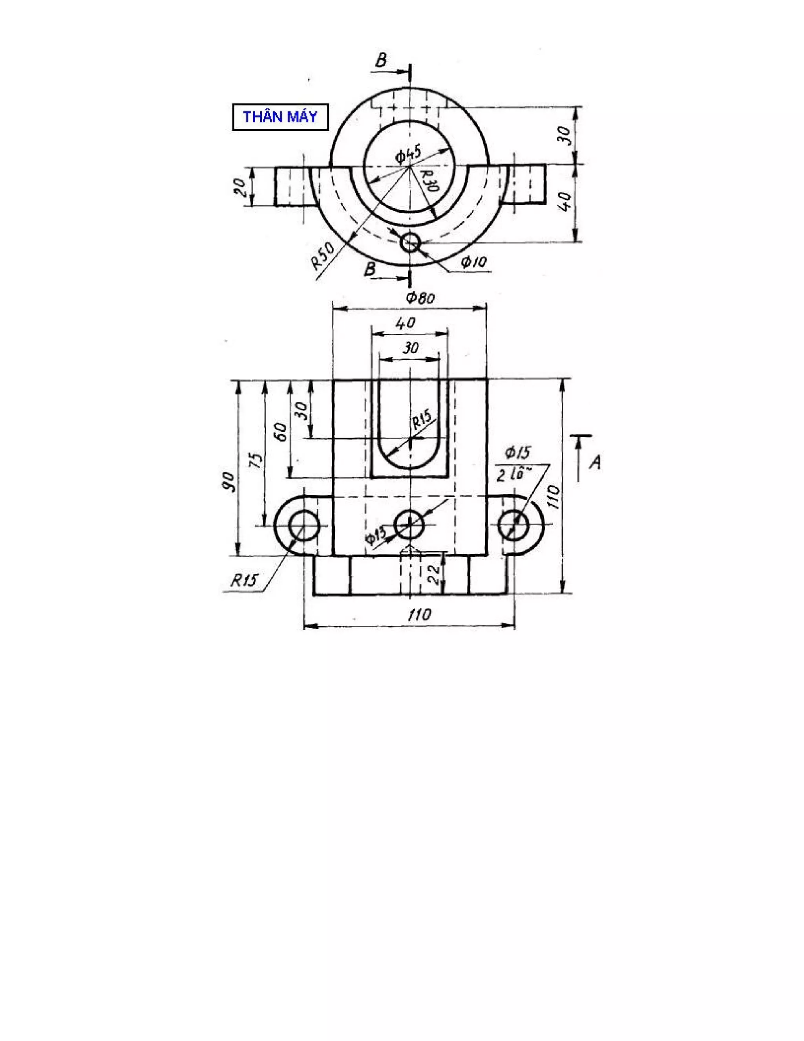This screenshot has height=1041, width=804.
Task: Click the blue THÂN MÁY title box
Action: (280, 117)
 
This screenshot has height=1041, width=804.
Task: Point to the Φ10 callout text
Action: (474, 262)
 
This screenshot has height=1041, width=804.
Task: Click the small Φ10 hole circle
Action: (409, 243)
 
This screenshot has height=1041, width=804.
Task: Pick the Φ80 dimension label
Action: (420, 298)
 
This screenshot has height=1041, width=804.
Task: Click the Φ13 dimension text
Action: (376, 538)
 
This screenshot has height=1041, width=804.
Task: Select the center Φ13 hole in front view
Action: (409, 524)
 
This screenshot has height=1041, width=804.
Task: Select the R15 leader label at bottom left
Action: (244, 580)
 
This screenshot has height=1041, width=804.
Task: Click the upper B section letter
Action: (381, 60)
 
